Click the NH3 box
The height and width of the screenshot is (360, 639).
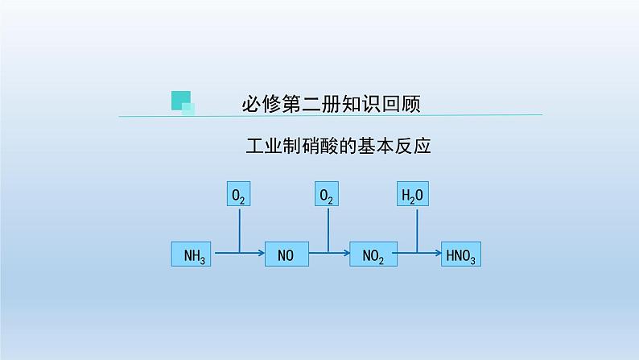[x=192, y=255]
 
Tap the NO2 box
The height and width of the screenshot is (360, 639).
[x=373, y=255]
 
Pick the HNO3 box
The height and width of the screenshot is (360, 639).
[x=461, y=255]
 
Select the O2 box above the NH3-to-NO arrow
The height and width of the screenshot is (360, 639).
[x=239, y=195]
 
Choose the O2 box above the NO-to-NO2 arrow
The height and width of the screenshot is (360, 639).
[x=327, y=195]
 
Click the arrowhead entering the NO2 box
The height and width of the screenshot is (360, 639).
[x=348, y=255]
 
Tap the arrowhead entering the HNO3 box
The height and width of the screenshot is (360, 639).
[x=437, y=255]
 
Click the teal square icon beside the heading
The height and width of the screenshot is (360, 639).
[x=183, y=101]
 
